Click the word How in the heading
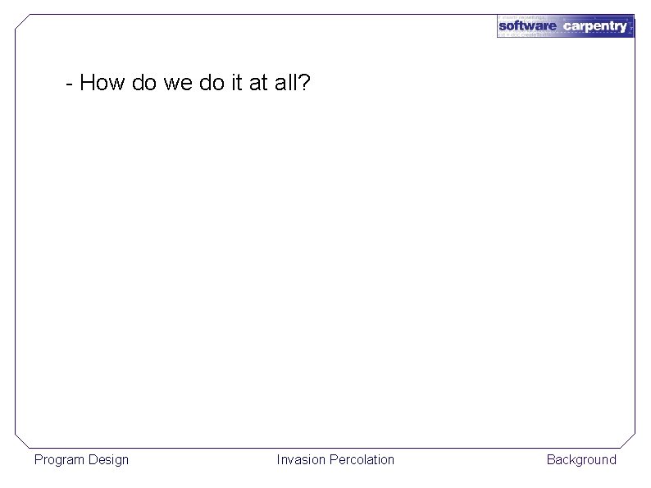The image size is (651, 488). click(x=103, y=83)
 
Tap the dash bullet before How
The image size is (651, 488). click(x=71, y=84)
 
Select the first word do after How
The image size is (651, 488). click(x=143, y=83)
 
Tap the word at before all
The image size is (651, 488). click(x=255, y=83)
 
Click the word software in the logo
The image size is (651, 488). click(x=527, y=26)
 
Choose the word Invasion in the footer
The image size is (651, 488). click(x=301, y=459)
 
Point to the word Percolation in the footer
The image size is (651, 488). click(x=362, y=459)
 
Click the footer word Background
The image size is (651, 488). click(x=581, y=460)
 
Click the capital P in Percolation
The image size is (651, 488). click(x=333, y=459)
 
